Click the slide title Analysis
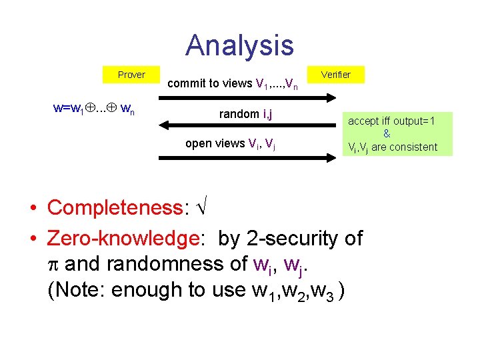(239, 45)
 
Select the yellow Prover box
(131, 75)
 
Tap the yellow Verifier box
(335, 75)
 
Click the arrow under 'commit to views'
(247, 97)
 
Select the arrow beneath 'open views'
(247, 157)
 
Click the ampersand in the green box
(387, 134)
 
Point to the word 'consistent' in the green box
(414, 147)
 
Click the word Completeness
(115, 207)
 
